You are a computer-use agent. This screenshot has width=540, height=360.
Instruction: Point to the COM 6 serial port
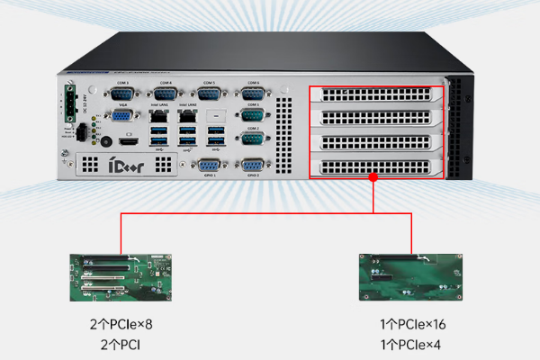(x=252, y=93)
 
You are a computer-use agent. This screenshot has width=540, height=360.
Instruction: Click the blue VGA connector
(x=121, y=115)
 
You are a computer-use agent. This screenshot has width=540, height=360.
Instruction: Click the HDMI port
(x=130, y=142)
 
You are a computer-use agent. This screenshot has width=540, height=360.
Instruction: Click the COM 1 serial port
(x=252, y=116)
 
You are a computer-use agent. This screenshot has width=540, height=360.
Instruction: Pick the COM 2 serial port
(x=252, y=139)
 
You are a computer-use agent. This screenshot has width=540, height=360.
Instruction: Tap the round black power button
(x=107, y=141)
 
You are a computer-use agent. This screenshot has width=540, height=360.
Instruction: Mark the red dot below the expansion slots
(x=373, y=177)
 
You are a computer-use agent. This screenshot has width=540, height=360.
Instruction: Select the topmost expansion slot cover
(x=375, y=95)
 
